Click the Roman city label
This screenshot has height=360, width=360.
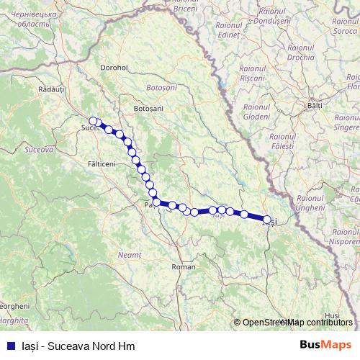pos(184,267)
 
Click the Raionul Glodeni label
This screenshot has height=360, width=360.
pos(256,112)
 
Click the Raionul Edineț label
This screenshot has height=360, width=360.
pos(230,29)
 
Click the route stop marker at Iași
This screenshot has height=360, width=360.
pos(267,220)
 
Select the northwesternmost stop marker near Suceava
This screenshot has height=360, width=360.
pos(93,120)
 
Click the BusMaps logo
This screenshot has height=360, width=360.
pos(325,344)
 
